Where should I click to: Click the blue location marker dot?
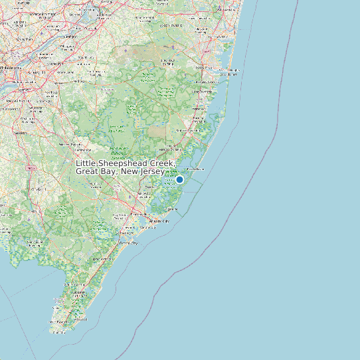click(179, 179)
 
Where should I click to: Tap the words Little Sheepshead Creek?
click(126, 163)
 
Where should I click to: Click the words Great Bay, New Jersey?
click(120, 172)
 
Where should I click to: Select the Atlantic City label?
click(159, 220)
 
